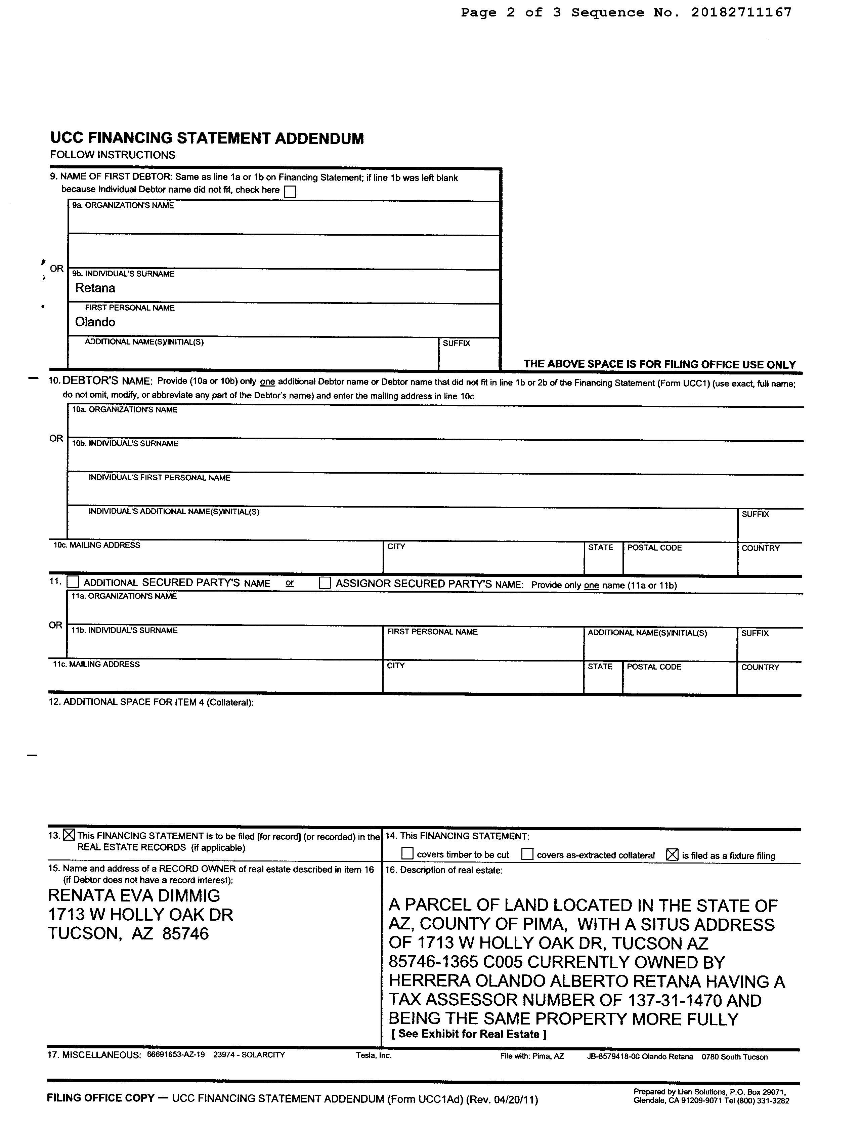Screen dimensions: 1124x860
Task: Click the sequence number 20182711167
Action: (741, 12)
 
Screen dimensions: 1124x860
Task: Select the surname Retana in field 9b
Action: (95, 288)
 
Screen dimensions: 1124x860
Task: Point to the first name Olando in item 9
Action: (95, 322)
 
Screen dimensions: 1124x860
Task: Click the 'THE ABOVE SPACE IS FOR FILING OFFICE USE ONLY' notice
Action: (659, 365)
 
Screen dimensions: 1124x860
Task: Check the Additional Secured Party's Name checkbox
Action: (73, 582)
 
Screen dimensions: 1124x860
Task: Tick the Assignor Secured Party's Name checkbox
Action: (325, 583)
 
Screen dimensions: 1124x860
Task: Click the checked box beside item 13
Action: (69, 835)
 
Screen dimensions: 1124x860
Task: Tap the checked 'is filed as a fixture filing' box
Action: (672, 854)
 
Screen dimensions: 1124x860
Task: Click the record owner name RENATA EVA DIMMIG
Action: (134, 896)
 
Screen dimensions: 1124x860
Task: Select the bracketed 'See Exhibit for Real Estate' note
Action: (469, 1034)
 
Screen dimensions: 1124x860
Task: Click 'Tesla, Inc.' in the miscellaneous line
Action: (374, 1055)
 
